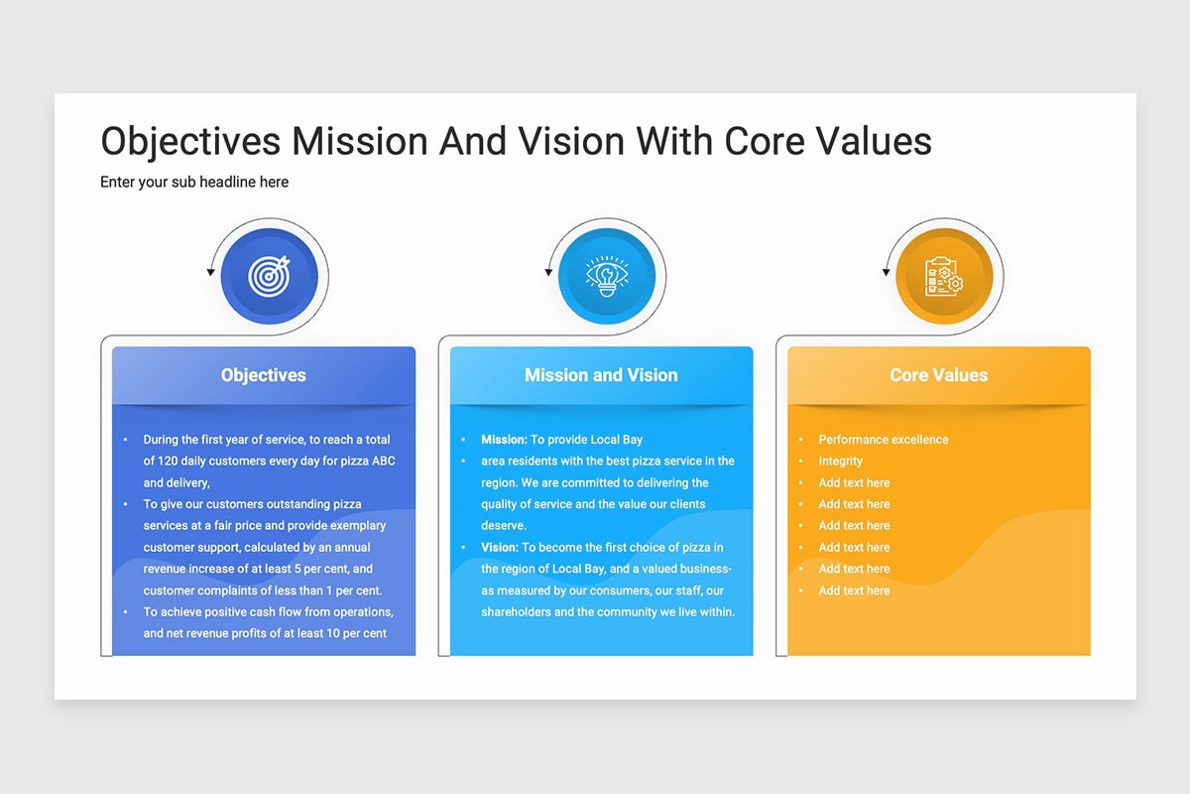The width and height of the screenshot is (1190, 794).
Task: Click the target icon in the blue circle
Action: coord(270,276)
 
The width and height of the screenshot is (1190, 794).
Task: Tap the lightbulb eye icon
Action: coord(607,276)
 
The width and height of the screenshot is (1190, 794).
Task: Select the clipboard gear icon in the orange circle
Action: coord(944,276)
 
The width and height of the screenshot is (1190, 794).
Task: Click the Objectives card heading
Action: coord(264,375)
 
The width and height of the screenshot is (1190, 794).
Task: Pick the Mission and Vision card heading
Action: coord(601,375)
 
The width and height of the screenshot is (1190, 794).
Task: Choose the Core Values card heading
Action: coord(939,375)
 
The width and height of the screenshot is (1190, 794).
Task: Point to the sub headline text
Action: coord(194,182)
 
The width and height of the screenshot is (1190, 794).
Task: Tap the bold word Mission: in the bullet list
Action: coord(504,440)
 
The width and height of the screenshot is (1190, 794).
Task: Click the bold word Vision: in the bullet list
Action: coord(500,547)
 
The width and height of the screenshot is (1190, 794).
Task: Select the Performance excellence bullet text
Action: coord(883,440)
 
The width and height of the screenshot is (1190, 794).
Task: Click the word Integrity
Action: coord(841,462)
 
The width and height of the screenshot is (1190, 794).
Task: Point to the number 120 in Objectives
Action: coord(168,462)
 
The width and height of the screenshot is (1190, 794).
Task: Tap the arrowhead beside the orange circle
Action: coord(886,272)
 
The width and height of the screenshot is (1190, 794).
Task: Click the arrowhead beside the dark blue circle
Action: coord(210,272)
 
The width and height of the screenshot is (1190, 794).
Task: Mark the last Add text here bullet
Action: coord(854,591)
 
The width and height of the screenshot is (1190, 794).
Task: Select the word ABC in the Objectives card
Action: coord(383,462)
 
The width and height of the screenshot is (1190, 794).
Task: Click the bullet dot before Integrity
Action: coord(800,462)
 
